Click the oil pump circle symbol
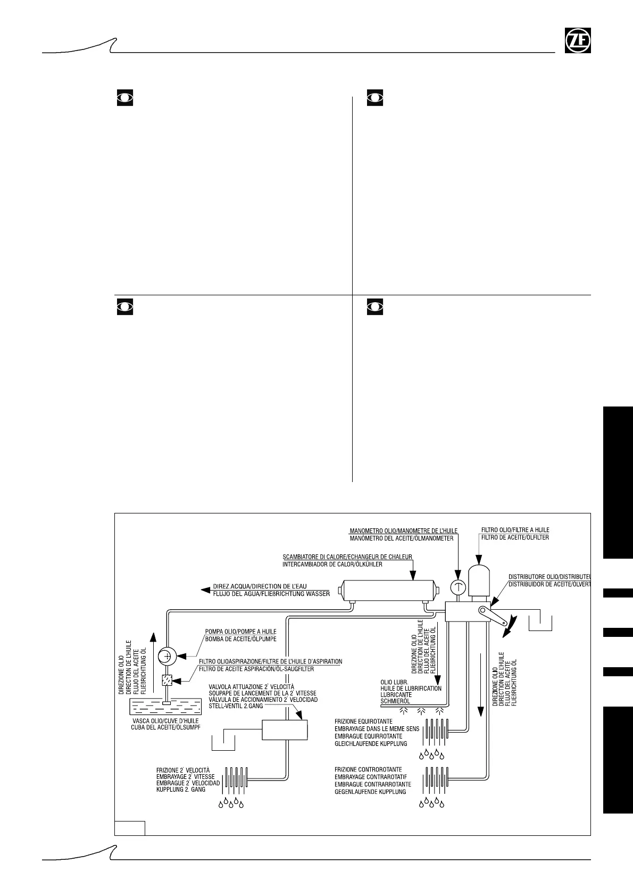(x=168, y=656)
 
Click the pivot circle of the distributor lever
(x=483, y=611)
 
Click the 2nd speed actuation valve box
(x=285, y=729)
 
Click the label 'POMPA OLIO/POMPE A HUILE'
(x=241, y=631)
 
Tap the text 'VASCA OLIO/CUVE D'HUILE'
(x=165, y=721)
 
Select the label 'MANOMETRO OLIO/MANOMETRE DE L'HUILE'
(x=403, y=530)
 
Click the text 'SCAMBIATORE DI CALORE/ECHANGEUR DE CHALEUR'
(x=347, y=557)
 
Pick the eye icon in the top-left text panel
(x=124, y=98)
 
